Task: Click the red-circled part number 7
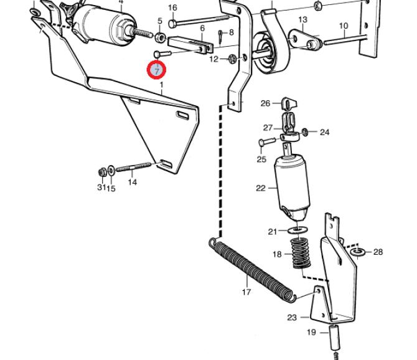tap(156, 70)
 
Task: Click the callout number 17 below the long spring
tap(246, 291)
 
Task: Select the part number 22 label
tap(260, 188)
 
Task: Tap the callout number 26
tap(265, 103)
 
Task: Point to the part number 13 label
tap(302, 20)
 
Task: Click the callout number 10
tap(344, 26)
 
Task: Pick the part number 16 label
tap(172, 7)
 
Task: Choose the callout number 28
tap(378, 252)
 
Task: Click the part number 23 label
tap(292, 318)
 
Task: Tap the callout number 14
tap(132, 182)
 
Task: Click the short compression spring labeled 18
tap(301, 254)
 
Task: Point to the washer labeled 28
tap(358, 252)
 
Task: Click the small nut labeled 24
tap(306, 131)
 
